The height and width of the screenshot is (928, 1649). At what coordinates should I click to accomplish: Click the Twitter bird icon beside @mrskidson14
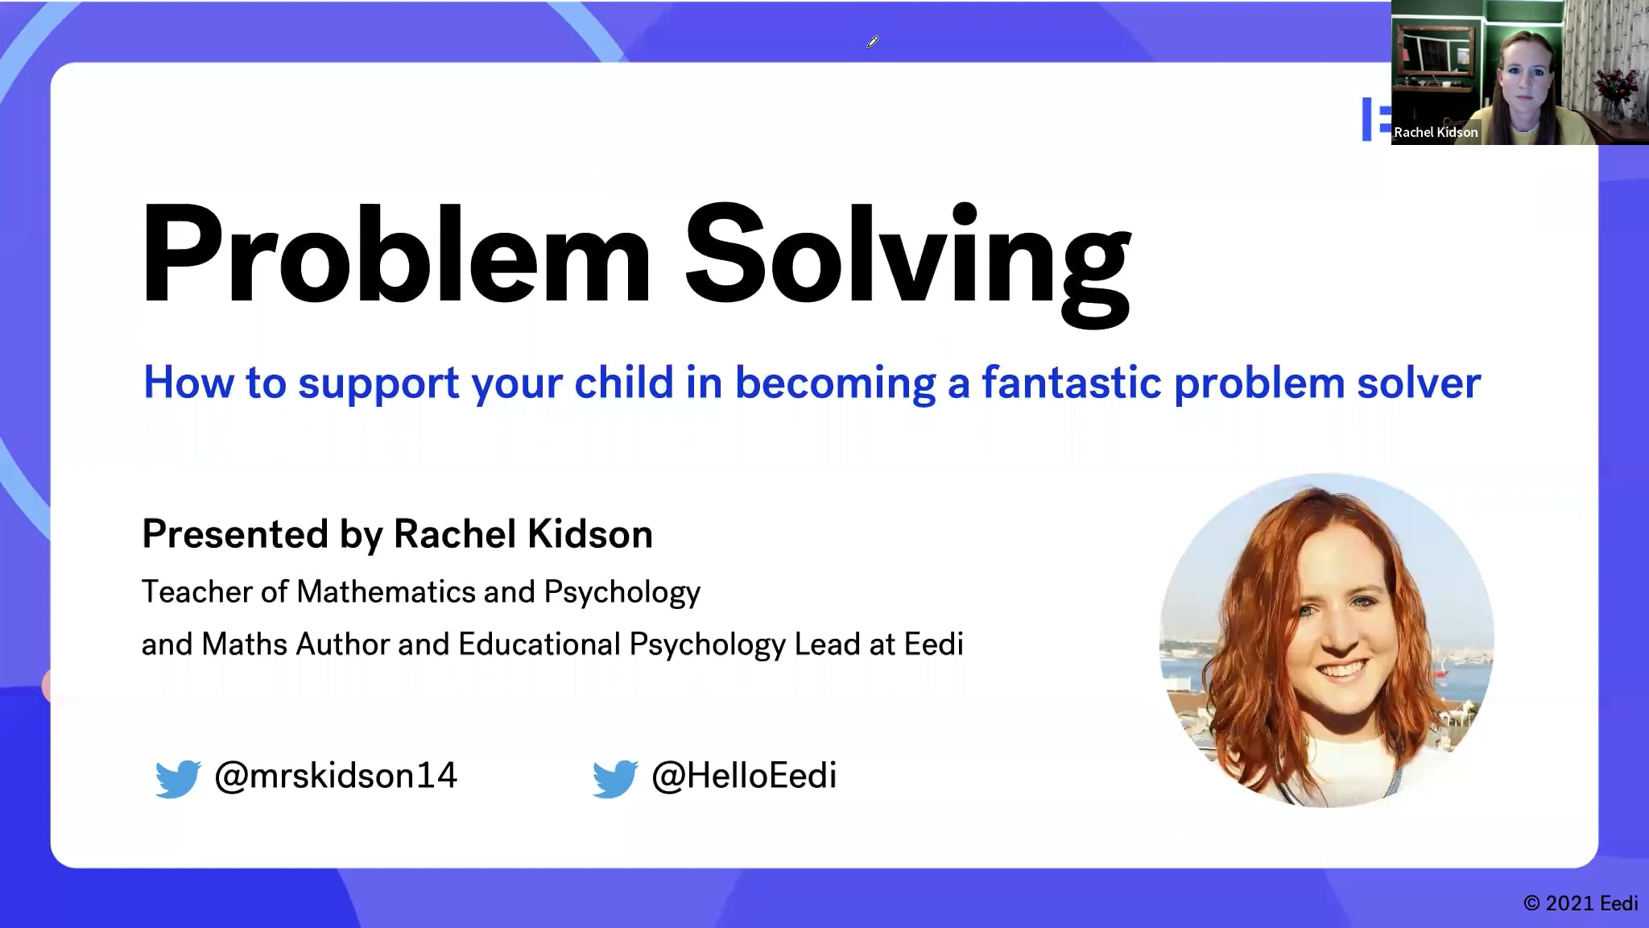pyautogui.click(x=177, y=778)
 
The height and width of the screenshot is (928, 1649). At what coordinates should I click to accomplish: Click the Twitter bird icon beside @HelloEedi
pyautogui.click(x=614, y=778)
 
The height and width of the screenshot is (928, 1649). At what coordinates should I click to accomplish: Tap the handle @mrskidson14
pyautogui.click(x=335, y=776)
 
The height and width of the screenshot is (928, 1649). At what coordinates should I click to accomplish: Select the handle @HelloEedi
pyautogui.click(x=743, y=776)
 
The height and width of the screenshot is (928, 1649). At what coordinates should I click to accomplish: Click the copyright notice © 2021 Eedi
pyautogui.click(x=1580, y=903)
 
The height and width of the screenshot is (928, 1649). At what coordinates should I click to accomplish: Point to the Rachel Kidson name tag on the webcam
pyautogui.click(x=1436, y=132)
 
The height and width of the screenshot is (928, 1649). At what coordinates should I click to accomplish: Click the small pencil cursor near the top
pyautogui.click(x=872, y=42)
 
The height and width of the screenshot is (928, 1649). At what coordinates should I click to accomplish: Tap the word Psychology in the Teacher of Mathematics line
pyautogui.click(x=622, y=593)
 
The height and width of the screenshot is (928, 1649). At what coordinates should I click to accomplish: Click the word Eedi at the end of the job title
pyautogui.click(x=933, y=644)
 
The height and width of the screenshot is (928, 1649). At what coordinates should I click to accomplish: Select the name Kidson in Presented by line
pyautogui.click(x=589, y=534)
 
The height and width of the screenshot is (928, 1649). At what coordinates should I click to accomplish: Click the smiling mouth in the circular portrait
pyautogui.click(x=1341, y=669)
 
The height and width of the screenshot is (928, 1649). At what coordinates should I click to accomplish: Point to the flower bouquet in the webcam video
pyautogui.click(x=1614, y=85)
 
